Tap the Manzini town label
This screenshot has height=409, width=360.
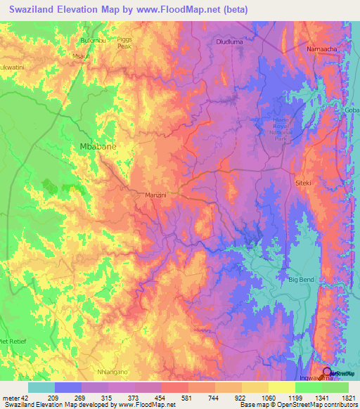click(x=155, y=195)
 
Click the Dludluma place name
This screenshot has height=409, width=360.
click(x=226, y=42)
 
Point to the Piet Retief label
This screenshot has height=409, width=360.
click(x=13, y=342)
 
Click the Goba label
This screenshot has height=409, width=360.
click(x=352, y=112)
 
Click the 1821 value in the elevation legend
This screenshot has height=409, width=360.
click(x=349, y=398)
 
